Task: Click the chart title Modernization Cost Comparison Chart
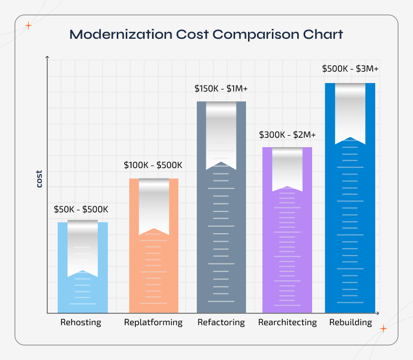click(x=206, y=35)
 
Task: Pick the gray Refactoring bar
click(x=221, y=239)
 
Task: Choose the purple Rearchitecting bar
click(x=287, y=249)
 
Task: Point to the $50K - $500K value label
click(x=81, y=209)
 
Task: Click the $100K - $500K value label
click(x=153, y=165)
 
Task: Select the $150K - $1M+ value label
click(x=221, y=89)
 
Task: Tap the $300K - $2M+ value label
click(x=287, y=135)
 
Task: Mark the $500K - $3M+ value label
click(x=350, y=69)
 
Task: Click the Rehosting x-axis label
click(x=81, y=322)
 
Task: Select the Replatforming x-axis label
click(x=153, y=322)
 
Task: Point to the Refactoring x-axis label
click(x=221, y=322)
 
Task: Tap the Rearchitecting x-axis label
click(x=287, y=322)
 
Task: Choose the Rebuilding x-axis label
click(x=350, y=322)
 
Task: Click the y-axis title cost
click(x=39, y=179)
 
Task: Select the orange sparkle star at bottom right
click(x=383, y=329)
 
